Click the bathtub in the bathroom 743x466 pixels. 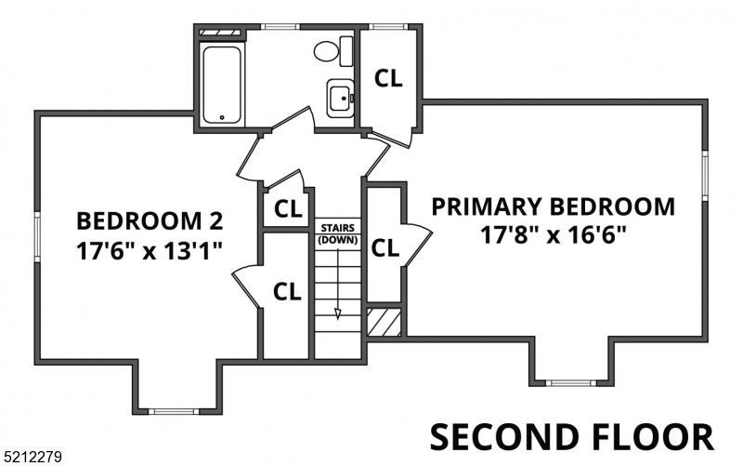(222, 84)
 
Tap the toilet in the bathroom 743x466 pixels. (331, 50)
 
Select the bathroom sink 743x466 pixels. (341, 97)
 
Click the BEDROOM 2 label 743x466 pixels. (150, 221)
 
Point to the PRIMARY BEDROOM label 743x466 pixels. (554, 206)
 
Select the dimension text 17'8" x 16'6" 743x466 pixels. (554, 234)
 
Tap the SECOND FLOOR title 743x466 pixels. (571, 436)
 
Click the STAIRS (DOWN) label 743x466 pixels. (338, 233)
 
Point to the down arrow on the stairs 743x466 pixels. (338, 313)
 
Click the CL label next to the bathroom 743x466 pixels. (388, 79)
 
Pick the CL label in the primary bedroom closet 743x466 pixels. (385, 248)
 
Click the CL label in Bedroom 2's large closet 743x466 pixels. (288, 291)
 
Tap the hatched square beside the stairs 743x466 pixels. (385, 322)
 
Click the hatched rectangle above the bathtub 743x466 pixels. (222, 33)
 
